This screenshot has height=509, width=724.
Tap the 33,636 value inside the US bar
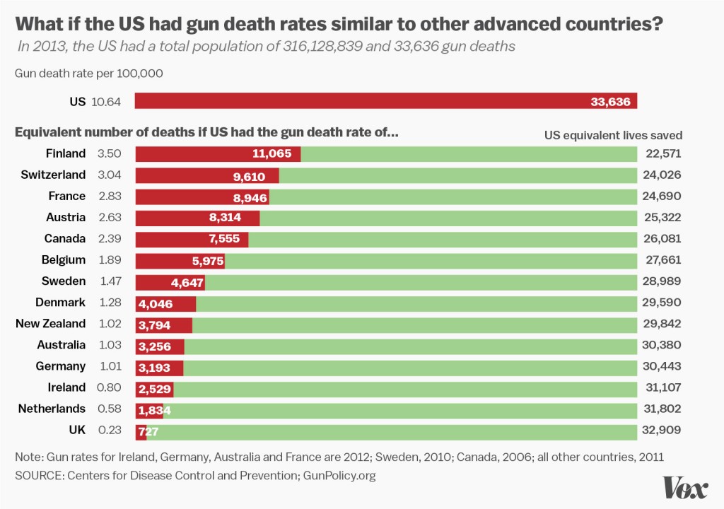tap(610, 102)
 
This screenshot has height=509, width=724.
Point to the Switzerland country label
tap(53, 175)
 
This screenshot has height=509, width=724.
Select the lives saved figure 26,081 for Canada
tap(663, 239)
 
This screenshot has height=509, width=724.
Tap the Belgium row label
tap(64, 260)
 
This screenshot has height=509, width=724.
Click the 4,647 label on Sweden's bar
tap(187, 282)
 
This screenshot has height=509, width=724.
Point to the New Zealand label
tap(51, 324)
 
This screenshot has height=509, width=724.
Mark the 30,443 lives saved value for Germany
tap(663, 366)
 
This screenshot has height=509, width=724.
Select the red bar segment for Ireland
tap(153, 387)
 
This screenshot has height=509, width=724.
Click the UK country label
tap(76, 430)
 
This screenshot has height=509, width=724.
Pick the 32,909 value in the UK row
tap(663, 430)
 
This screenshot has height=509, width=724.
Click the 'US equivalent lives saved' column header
tap(613, 135)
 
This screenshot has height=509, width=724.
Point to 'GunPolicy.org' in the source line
tap(339, 476)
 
